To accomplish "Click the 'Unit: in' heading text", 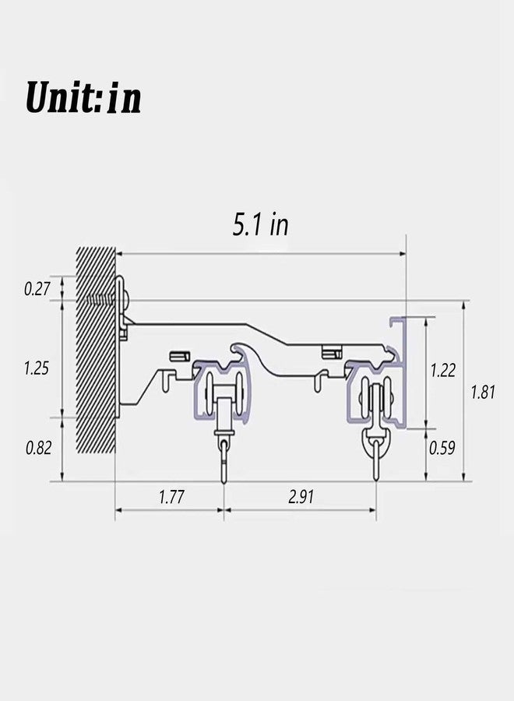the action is coord(83,97).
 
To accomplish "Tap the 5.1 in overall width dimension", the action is coord(261,224).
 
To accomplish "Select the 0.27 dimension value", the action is coord(37,289).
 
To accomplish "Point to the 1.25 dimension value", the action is coord(37,368).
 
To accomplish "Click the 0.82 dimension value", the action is coord(38,448).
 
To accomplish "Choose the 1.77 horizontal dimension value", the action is coord(171,497).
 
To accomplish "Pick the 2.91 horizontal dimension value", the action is coord(301,497).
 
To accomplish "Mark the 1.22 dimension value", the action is coord(443,370).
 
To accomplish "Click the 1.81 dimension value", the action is coord(483,392).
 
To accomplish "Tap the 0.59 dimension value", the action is coord(442,448).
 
